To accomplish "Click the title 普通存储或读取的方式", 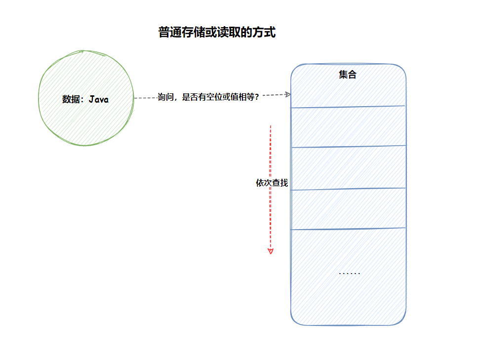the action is [x=217, y=32].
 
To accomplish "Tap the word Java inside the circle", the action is [x=99, y=99].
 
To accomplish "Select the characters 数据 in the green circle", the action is [x=71, y=99].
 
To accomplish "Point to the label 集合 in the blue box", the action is [x=347, y=75].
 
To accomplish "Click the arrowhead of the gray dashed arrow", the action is [x=288, y=94].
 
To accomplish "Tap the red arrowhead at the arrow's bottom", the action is [x=270, y=251].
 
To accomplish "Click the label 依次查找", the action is [x=272, y=183].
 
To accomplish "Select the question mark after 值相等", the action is [x=257, y=97].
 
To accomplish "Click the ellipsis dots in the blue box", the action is [x=350, y=273].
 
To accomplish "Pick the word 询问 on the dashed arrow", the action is [x=166, y=97].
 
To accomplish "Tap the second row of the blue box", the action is [x=348, y=127].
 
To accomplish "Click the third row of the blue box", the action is [x=348, y=168].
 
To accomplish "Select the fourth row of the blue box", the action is [x=348, y=209].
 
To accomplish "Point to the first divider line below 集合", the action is [x=348, y=107].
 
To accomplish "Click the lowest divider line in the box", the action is [x=348, y=229].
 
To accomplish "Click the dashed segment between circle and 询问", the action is [x=146, y=98].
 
